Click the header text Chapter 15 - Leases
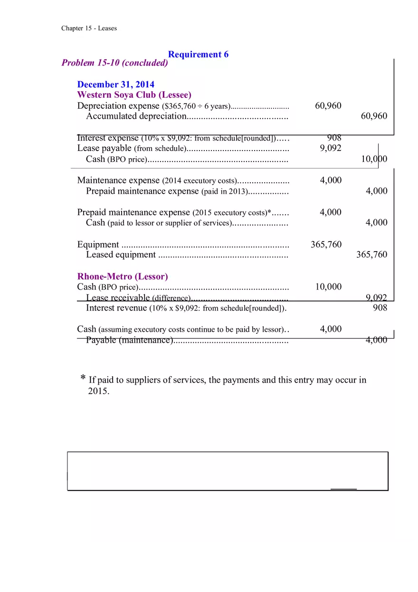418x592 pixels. tap(89, 28)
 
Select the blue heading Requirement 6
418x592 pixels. tap(198, 54)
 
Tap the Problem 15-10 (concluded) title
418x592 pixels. tap(114, 63)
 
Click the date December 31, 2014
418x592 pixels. tap(116, 85)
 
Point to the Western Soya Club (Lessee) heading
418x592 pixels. tap(134, 94)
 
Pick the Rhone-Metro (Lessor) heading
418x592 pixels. tap(123, 276)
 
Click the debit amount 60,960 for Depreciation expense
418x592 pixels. tap(328, 105)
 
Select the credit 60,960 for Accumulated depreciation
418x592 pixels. tap(374, 116)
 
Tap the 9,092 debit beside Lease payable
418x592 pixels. tap(331, 148)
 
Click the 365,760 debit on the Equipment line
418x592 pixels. tap(326, 244)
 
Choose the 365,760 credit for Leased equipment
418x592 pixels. tap(371, 254)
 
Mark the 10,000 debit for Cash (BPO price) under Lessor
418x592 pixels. tap(328, 286)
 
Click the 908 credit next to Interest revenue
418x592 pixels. tap(380, 308)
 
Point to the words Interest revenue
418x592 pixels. tap(116, 308)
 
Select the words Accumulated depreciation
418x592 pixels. tap(136, 116)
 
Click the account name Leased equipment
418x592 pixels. tap(121, 254)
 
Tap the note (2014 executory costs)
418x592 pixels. tap(199, 180)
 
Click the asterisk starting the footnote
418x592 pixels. tap(83, 379)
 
